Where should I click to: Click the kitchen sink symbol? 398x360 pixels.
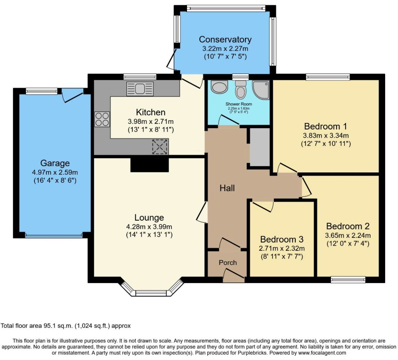click(140, 89)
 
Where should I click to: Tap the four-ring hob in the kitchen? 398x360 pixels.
click(102, 119)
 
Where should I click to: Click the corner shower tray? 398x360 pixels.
click(261, 90)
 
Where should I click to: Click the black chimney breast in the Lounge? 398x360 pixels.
click(150, 165)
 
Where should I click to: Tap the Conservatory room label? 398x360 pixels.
click(225, 40)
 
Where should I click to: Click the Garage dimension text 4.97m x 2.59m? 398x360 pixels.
click(55, 172)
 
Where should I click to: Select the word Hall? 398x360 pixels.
click(227, 188)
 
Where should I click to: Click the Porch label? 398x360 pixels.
click(228, 262)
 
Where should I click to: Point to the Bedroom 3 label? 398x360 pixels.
click(282, 239)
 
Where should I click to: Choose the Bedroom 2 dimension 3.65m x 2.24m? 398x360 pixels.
click(348, 236)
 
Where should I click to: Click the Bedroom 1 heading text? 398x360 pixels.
click(326, 126)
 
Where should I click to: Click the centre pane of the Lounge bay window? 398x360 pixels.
click(152, 293)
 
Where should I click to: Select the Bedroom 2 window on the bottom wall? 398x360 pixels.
click(348, 280)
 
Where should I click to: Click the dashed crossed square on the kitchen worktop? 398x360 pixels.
click(160, 147)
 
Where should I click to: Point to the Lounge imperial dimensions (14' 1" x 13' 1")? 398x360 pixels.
click(149, 234)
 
